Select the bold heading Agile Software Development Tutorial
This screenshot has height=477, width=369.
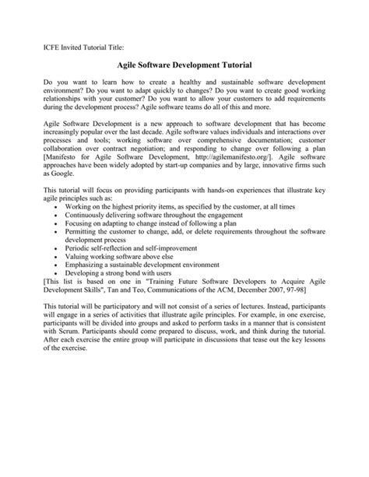pyautogui.click(x=184, y=68)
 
